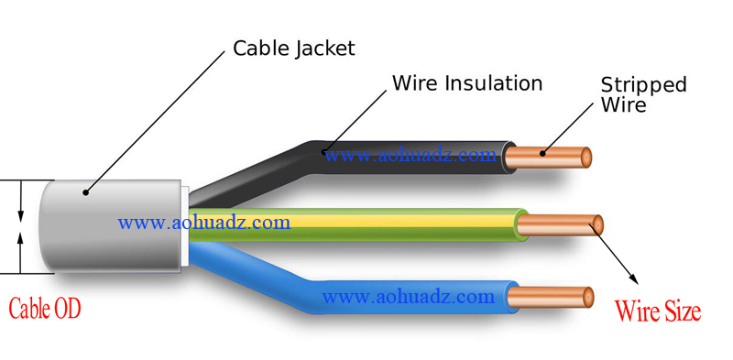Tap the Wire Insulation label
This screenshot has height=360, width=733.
(x=467, y=83)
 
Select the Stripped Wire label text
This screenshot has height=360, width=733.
(x=643, y=94)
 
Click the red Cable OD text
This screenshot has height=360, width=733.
(x=44, y=309)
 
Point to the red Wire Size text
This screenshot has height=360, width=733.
(x=658, y=311)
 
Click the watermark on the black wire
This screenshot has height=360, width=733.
(x=410, y=155)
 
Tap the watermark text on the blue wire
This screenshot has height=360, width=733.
(x=409, y=297)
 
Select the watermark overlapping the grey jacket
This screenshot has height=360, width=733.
(x=203, y=222)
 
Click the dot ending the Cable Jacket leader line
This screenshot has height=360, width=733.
(x=85, y=191)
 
